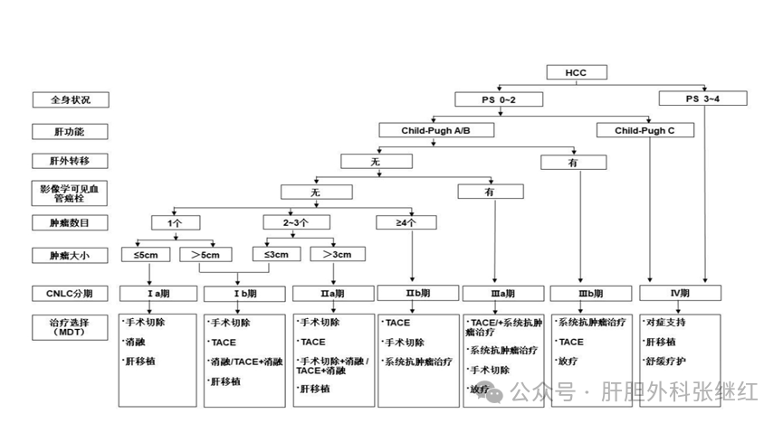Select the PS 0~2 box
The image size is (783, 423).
485,98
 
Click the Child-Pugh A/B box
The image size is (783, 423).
435,130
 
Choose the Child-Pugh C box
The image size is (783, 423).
645,130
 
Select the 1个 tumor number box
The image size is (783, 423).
175,222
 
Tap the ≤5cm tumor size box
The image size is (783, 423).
148,254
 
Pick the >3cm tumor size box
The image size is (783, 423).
335,254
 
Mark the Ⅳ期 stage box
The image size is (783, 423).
680,293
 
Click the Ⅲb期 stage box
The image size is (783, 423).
589,294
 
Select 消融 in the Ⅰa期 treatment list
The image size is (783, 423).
136,342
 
